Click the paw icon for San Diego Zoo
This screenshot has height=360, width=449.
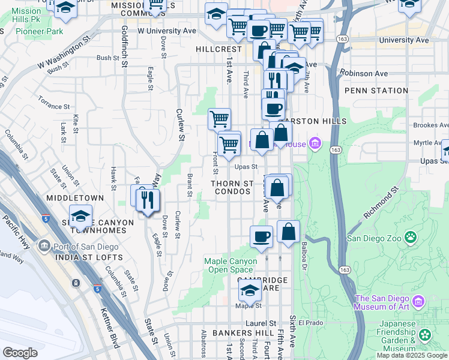click(x=411, y=238)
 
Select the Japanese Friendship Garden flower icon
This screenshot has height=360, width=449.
click(x=426, y=335)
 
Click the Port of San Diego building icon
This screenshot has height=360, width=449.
click(x=44, y=246)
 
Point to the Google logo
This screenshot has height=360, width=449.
click(x=20, y=352)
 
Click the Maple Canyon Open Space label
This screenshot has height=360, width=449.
click(x=231, y=265)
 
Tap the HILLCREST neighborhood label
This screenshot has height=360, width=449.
click(x=220, y=49)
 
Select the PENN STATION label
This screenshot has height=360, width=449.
click(x=376, y=91)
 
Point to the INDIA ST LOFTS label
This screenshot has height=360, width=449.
click(x=88, y=257)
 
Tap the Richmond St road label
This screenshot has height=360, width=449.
click(x=381, y=205)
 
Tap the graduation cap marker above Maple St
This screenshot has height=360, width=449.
click(x=250, y=292)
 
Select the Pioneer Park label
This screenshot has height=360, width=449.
click(x=39, y=31)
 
